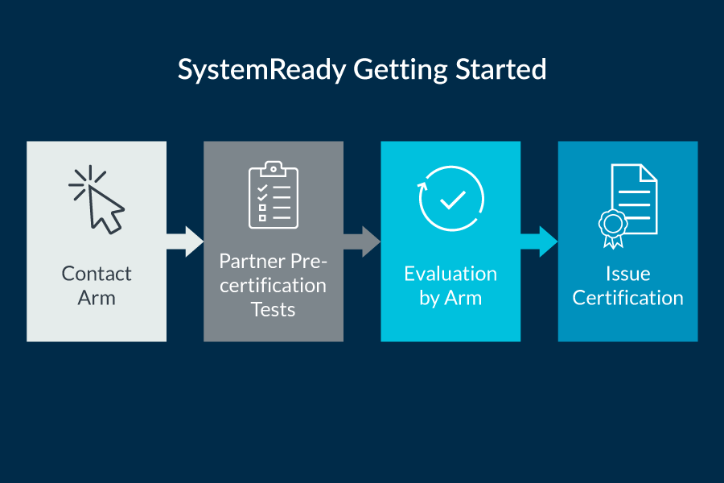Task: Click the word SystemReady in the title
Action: click(x=262, y=69)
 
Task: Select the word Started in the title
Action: click(x=500, y=69)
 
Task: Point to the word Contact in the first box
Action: click(x=97, y=274)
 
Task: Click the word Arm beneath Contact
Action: click(x=97, y=298)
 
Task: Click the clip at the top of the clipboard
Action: click(x=274, y=169)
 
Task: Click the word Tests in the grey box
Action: click(x=274, y=309)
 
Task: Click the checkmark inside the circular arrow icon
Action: click(x=453, y=200)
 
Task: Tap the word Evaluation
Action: click(x=450, y=274)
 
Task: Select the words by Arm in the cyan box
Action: click(x=450, y=298)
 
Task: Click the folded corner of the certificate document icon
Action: click(x=648, y=173)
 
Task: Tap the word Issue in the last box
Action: click(x=627, y=274)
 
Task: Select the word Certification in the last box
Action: click(x=627, y=298)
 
